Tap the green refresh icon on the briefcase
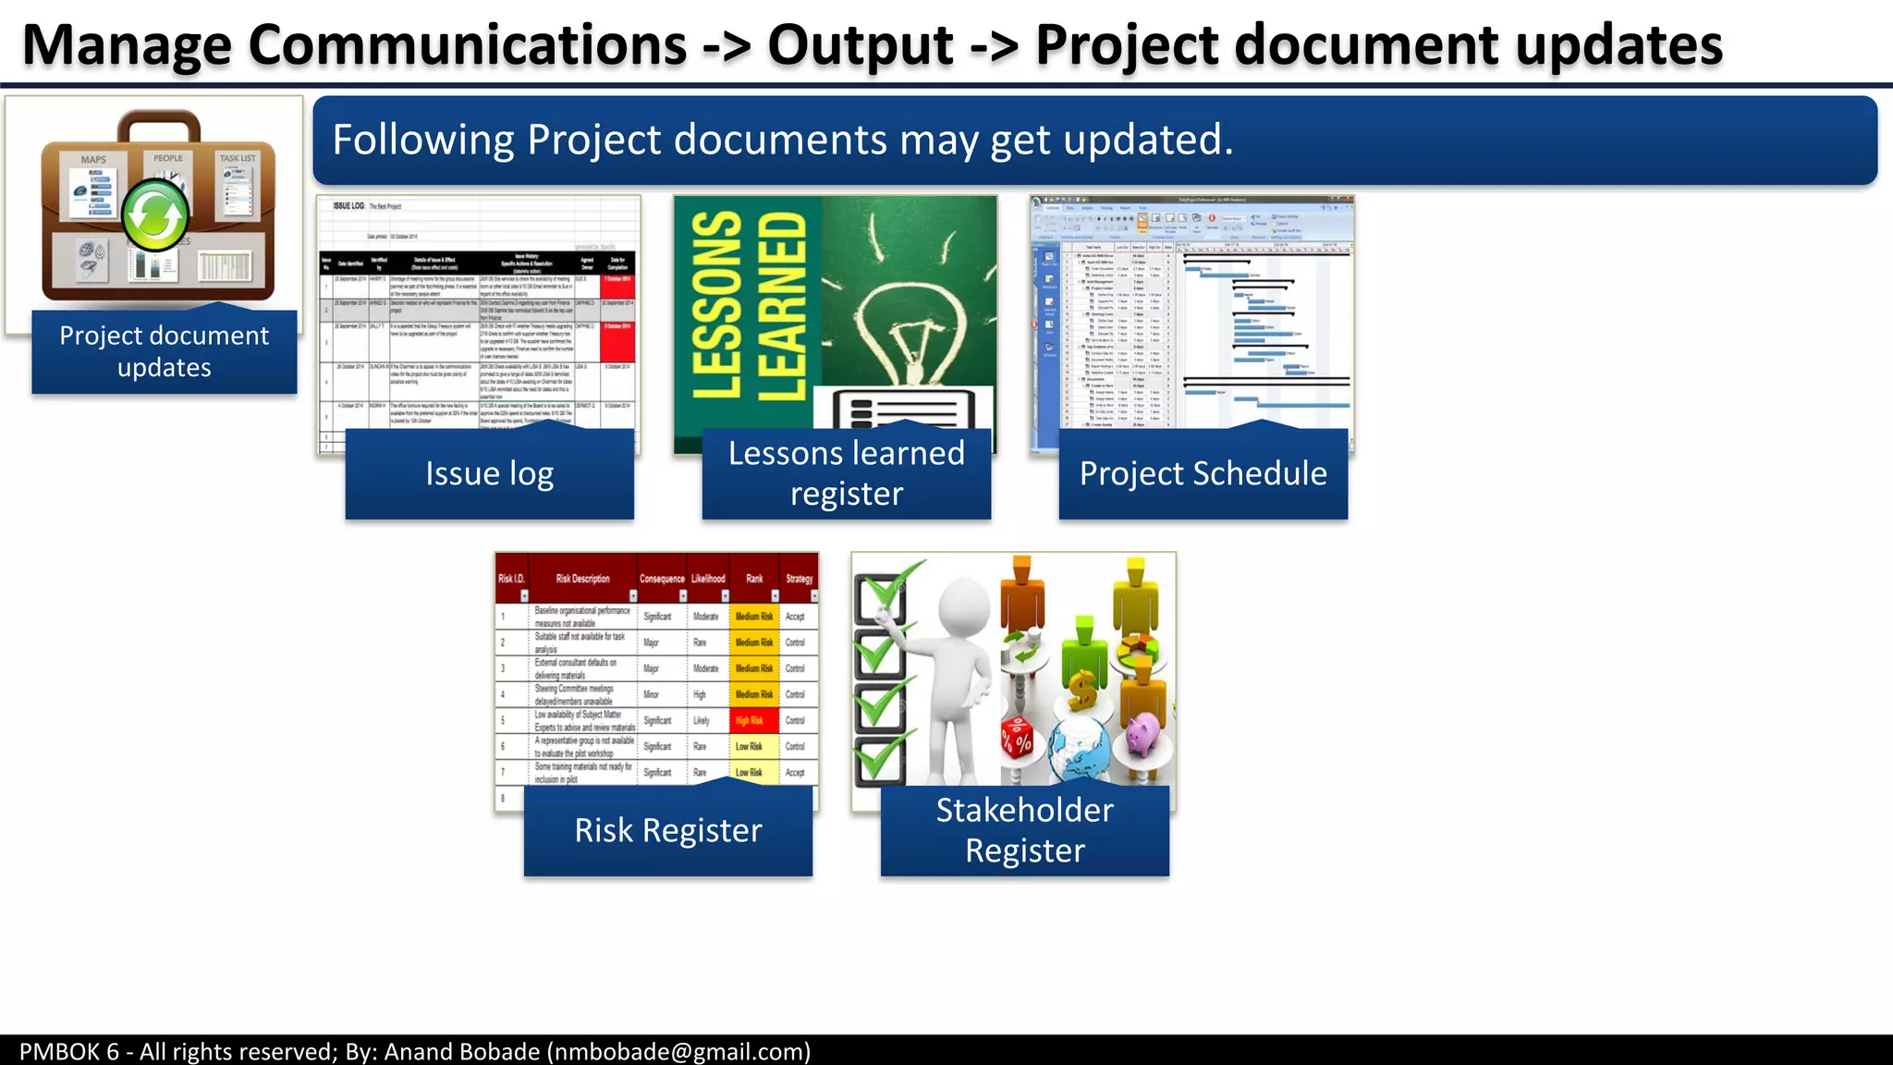pyautogui.click(x=155, y=215)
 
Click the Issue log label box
pyautogui.click(x=489, y=473)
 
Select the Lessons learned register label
pyautogui.click(x=846, y=473)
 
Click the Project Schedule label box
pyautogui.click(x=1203, y=473)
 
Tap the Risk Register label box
pyautogui.click(x=667, y=830)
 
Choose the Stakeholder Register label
pyautogui.click(x=1024, y=830)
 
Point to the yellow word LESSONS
pyautogui.click(x=717, y=305)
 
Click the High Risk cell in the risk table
pyautogui.click(x=750, y=720)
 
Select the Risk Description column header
pyautogui.click(x=582, y=579)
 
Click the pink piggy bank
pyautogui.click(x=1143, y=735)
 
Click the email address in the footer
pyautogui.click(x=678, y=1051)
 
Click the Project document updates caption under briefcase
pyautogui.click(x=165, y=351)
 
